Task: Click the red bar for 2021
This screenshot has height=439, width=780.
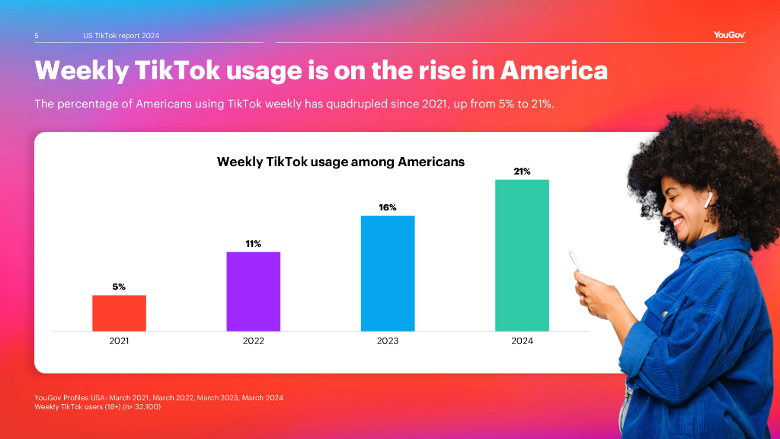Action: [119, 313]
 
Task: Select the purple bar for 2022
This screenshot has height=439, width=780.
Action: [253, 291]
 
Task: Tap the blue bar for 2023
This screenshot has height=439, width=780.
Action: [388, 273]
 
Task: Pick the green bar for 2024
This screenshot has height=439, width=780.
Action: [522, 255]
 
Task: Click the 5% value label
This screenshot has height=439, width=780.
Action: [119, 287]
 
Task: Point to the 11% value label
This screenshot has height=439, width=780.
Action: [253, 244]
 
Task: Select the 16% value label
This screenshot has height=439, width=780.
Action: [388, 207]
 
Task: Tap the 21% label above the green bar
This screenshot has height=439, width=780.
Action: [522, 171]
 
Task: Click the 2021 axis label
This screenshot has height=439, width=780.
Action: [119, 341]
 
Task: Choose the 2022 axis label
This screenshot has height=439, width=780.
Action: [253, 341]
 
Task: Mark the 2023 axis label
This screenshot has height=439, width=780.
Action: [388, 341]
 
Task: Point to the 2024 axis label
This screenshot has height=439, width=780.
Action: [522, 341]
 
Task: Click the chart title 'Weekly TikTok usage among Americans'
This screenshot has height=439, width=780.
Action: [340, 162]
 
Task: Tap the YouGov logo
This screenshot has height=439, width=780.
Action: [729, 35]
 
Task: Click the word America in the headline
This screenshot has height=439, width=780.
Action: [554, 70]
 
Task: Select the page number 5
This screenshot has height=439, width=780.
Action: [37, 36]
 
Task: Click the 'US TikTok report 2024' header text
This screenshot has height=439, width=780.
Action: [121, 36]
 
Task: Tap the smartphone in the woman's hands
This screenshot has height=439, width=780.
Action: [577, 263]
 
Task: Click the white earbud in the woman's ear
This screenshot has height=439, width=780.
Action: [709, 198]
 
